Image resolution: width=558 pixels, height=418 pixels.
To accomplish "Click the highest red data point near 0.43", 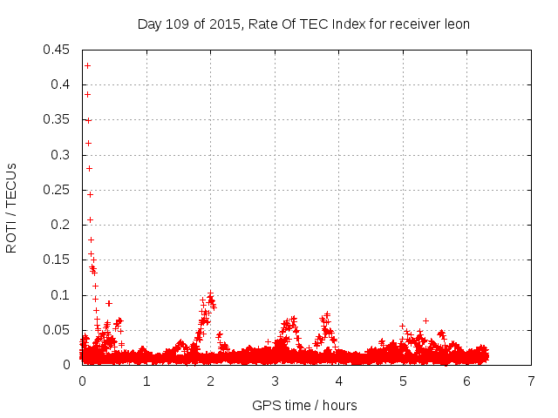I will (x=87, y=65).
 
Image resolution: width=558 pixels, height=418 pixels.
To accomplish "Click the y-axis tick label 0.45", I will (x=58, y=49).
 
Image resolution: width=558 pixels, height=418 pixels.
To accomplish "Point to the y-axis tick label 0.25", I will (x=58, y=189).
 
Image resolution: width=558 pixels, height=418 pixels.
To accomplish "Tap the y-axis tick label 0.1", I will (x=62, y=294).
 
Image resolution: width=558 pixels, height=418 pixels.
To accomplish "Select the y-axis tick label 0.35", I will (x=58, y=119).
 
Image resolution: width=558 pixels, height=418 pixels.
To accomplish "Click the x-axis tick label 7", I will (x=531, y=381).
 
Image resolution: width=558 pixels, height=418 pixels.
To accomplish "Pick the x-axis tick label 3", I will (x=275, y=381).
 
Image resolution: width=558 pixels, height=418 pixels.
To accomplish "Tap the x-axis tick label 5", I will (x=403, y=381).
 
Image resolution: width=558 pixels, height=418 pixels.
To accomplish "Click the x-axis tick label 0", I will (x=82, y=381).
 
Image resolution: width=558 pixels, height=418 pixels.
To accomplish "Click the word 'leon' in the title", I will (x=456, y=24).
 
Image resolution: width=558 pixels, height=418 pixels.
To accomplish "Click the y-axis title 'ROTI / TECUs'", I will (x=11, y=207).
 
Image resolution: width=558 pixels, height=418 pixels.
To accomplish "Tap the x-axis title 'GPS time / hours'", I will (x=304, y=405).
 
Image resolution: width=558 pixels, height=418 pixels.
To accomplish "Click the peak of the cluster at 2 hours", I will (x=210, y=293).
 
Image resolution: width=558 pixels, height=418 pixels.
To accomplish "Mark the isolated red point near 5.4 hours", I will (x=425, y=320).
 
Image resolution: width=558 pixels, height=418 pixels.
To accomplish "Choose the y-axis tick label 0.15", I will (x=58, y=260).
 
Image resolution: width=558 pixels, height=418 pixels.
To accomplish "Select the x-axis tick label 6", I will (x=467, y=381).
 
